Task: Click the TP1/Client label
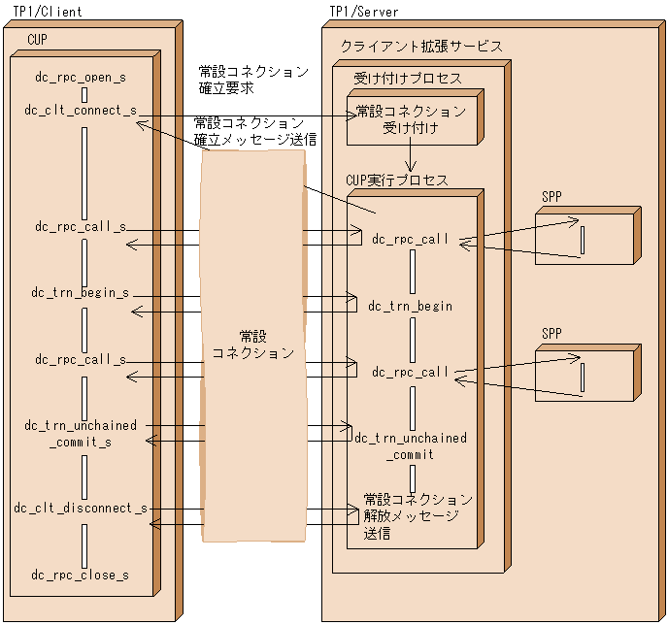(x=48, y=12)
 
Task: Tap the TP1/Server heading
(x=362, y=12)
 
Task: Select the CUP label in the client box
(x=37, y=39)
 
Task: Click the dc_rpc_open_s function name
(x=81, y=76)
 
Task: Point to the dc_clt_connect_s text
(x=81, y=111)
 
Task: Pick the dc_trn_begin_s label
(x=81, y=292)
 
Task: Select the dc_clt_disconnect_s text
(x=81, y=508)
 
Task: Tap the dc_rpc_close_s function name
(x=81, y=575)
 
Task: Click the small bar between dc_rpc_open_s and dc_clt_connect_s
(x=85, y=94)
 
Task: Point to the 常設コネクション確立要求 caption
(x=252, y=80)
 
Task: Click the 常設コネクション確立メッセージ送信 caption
(x=254, y=131)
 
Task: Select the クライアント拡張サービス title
(x=421, y=47)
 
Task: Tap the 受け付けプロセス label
(x=407, y=79)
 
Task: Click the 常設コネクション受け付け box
(x=412, y=118)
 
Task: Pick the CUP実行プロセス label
(x=397, y=181)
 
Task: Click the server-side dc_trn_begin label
(x=411, y=307)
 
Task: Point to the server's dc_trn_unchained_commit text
(x=411, y=445)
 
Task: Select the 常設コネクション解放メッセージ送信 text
(x=417, y=516)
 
